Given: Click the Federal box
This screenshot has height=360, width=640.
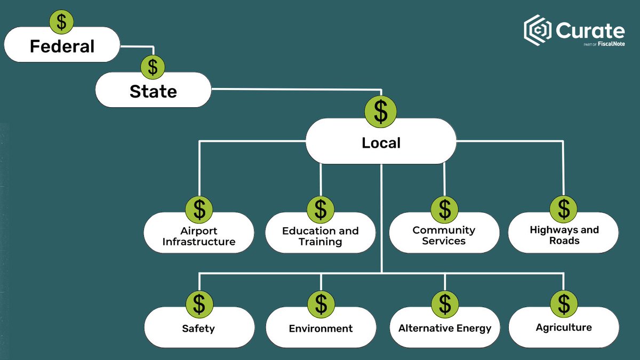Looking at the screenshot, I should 62,46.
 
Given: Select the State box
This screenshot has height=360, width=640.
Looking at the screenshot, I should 153,91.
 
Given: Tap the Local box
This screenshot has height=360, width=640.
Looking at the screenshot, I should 381,142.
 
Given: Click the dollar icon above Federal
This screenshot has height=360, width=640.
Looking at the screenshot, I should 62,22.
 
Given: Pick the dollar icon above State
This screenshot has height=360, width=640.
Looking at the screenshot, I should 153,67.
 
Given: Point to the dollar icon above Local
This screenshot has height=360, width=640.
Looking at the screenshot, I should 381,111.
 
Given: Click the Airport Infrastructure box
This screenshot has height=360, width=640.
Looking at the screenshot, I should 199,236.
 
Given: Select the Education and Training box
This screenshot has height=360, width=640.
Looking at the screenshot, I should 321,236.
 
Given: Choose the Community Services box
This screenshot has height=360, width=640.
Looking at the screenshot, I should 444,235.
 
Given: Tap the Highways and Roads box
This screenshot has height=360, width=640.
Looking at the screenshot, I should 564,235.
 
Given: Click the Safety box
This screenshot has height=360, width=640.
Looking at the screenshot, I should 199,328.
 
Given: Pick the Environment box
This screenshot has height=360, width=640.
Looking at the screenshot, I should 321,328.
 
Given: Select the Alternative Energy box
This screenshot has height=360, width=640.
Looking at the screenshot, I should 444,328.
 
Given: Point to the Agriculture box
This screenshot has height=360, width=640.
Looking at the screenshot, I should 564,327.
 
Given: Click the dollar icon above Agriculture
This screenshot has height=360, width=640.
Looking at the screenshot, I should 564,303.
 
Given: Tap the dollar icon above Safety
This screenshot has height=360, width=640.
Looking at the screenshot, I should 199,303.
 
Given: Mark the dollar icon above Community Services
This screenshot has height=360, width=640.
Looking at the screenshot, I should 445,210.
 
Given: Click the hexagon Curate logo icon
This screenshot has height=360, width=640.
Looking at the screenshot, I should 537,30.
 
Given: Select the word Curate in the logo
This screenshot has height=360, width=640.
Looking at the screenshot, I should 589,31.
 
